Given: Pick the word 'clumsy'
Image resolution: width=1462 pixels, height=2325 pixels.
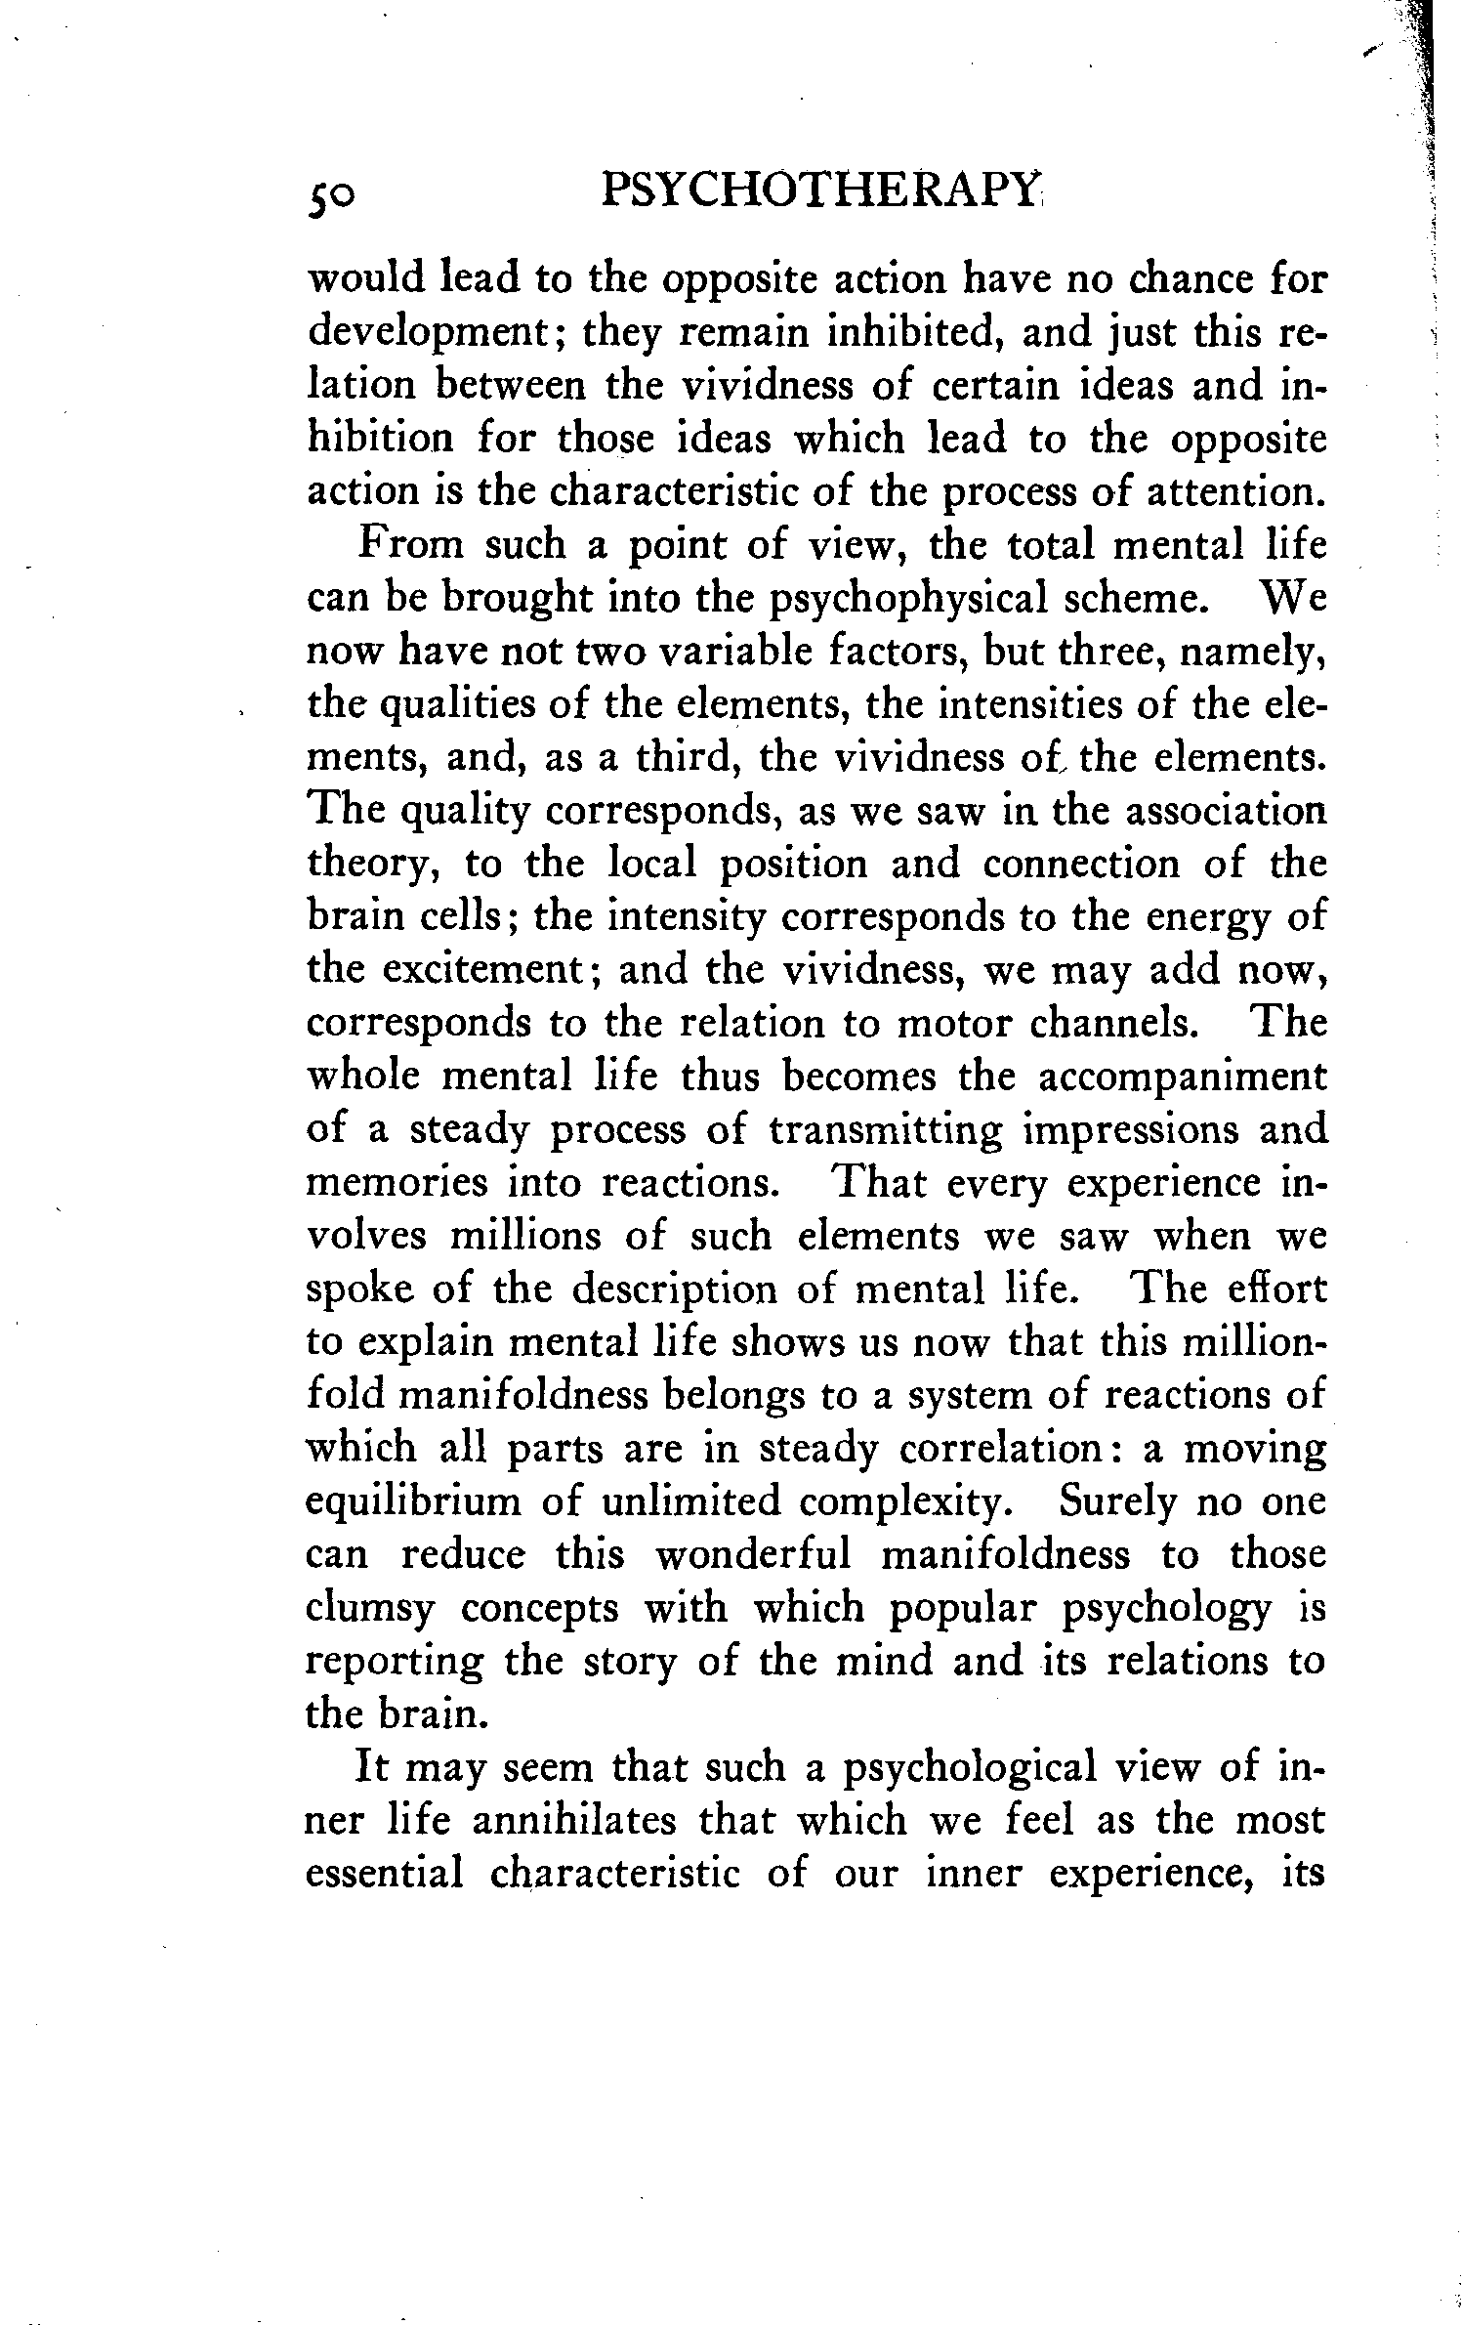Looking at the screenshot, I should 369,1608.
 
